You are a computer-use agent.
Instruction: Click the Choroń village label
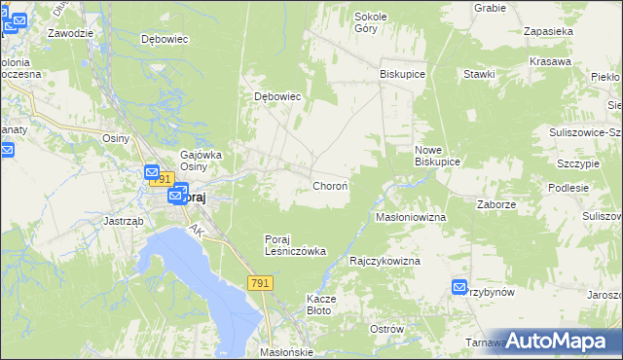pos(330,185)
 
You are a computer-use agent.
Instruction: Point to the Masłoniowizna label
pos(411,217)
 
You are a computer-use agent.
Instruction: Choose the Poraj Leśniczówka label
pos(295,244)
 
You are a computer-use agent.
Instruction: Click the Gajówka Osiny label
pos(202,160)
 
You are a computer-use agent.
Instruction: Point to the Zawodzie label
pos(70,32)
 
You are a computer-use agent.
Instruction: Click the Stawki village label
pos(480,74)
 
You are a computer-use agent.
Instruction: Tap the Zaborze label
pos(495,205)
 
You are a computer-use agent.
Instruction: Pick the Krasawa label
pos(550,61)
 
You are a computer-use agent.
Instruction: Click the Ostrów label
pos(386,329)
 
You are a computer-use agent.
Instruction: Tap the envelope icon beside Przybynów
pos(459,286)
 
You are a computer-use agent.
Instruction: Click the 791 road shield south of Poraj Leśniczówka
pos(259,282)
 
